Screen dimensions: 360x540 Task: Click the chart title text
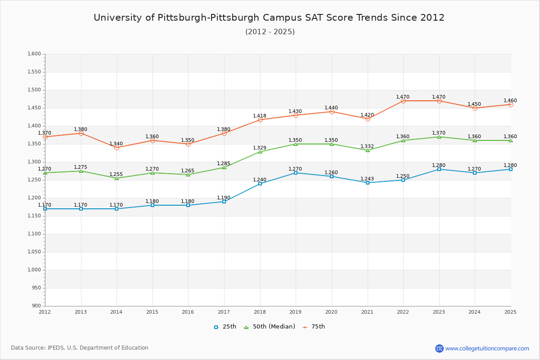(x=269, y=18)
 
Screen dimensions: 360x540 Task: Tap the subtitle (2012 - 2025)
(x=270, y=32)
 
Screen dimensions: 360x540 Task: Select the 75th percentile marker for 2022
(x=403, y=101)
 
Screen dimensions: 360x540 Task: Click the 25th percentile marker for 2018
(x=260, y=184)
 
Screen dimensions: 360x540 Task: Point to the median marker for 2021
(x=368, y=150)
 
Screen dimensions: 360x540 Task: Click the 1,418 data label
(x=260, y=116)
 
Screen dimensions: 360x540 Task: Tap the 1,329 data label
(x=260, y=148)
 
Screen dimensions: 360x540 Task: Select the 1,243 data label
(x=367, y=179)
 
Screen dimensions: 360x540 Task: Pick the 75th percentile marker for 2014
(x=117, y=148)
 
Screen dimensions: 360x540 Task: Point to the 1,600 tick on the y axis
(x=34, y=54)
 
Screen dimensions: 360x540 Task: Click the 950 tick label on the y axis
(x=36, y=288)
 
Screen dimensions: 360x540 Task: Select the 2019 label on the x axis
(x=296, y=312)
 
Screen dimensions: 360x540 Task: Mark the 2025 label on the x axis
(x=510, y=312)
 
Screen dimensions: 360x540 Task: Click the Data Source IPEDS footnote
(x=80, y=348)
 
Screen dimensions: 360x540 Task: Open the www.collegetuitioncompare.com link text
(x=487, y=348)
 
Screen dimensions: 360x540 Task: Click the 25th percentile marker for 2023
(x=439, y=169)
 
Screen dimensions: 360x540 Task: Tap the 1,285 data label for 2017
(x=224, y=163)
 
